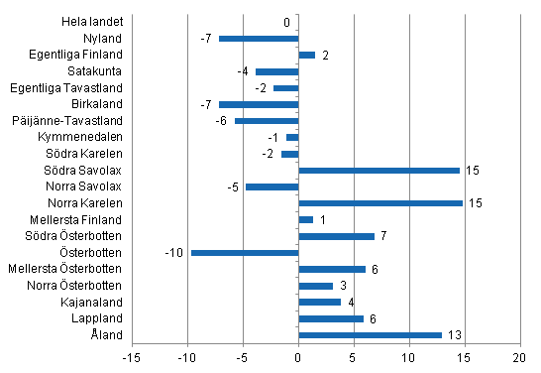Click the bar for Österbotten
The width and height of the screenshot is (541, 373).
coord(245,253)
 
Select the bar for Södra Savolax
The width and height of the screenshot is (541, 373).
coord(379,171)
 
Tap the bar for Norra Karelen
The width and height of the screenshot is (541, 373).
coord(380,203)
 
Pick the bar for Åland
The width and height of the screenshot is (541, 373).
coord(370,335)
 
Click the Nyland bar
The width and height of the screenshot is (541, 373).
coord(259,39)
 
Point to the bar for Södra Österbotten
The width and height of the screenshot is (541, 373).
coord(336,236)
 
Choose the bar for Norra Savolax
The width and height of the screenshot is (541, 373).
coord(271,186)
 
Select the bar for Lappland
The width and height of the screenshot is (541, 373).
coord(331,318)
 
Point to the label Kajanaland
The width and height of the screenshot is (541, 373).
coord(95,302)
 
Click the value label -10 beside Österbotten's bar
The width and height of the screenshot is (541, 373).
coord(174,253)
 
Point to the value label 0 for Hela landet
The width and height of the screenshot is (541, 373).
coord(286,22)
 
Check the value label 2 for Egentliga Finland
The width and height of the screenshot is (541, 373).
coord(325,55)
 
